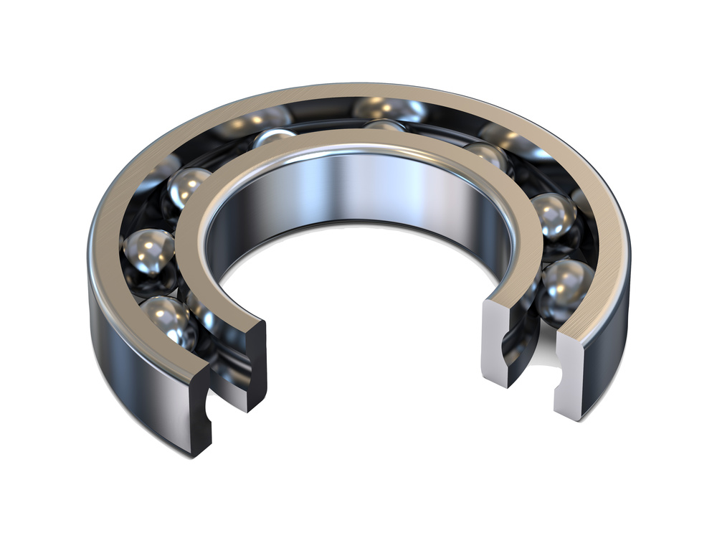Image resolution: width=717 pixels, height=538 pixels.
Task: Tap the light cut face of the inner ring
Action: [496, 337]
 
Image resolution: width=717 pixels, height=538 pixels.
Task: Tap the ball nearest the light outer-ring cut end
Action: [566, 287]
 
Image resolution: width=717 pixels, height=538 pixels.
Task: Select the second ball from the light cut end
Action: [553, 214]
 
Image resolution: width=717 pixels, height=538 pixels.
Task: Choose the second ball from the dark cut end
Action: [148, 253]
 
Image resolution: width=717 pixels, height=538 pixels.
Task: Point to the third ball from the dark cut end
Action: [188, 188]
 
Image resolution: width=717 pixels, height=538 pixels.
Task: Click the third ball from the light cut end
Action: [489, 156]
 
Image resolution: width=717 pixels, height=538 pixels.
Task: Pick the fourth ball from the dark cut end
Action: [272, 138]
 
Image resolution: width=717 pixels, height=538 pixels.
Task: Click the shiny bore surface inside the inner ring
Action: [358, 187]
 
